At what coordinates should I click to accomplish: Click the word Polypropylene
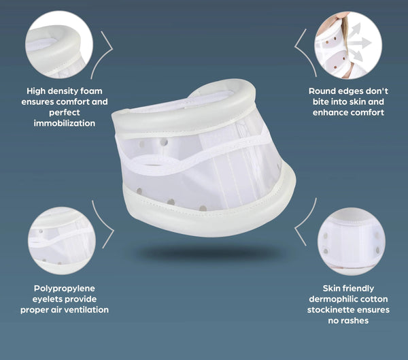(65, 289)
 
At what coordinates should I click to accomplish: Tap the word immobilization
(65, 123)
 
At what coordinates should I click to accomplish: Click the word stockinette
(330, 310)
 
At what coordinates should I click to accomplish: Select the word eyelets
(46, 299)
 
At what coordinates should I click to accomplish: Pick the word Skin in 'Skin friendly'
(331, 289)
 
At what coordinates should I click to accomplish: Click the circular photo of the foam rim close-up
(59, 44)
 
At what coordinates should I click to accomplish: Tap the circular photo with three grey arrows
(348, 45)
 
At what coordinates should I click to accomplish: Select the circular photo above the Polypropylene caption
(62, 241)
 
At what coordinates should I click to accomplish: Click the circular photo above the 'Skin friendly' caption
(352, 241)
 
